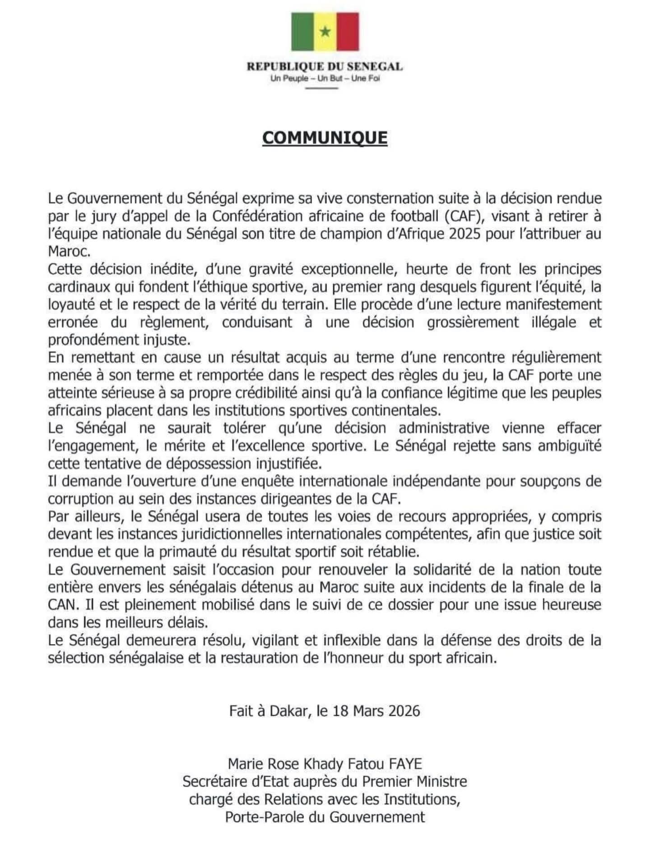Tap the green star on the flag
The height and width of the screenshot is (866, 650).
325,31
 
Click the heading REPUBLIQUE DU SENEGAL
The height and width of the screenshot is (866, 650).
325,67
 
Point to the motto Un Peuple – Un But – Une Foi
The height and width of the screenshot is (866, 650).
325,78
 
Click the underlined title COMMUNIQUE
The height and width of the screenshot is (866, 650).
325,138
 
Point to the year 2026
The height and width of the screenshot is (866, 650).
401,711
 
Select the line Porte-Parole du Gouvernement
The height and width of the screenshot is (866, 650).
325,817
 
